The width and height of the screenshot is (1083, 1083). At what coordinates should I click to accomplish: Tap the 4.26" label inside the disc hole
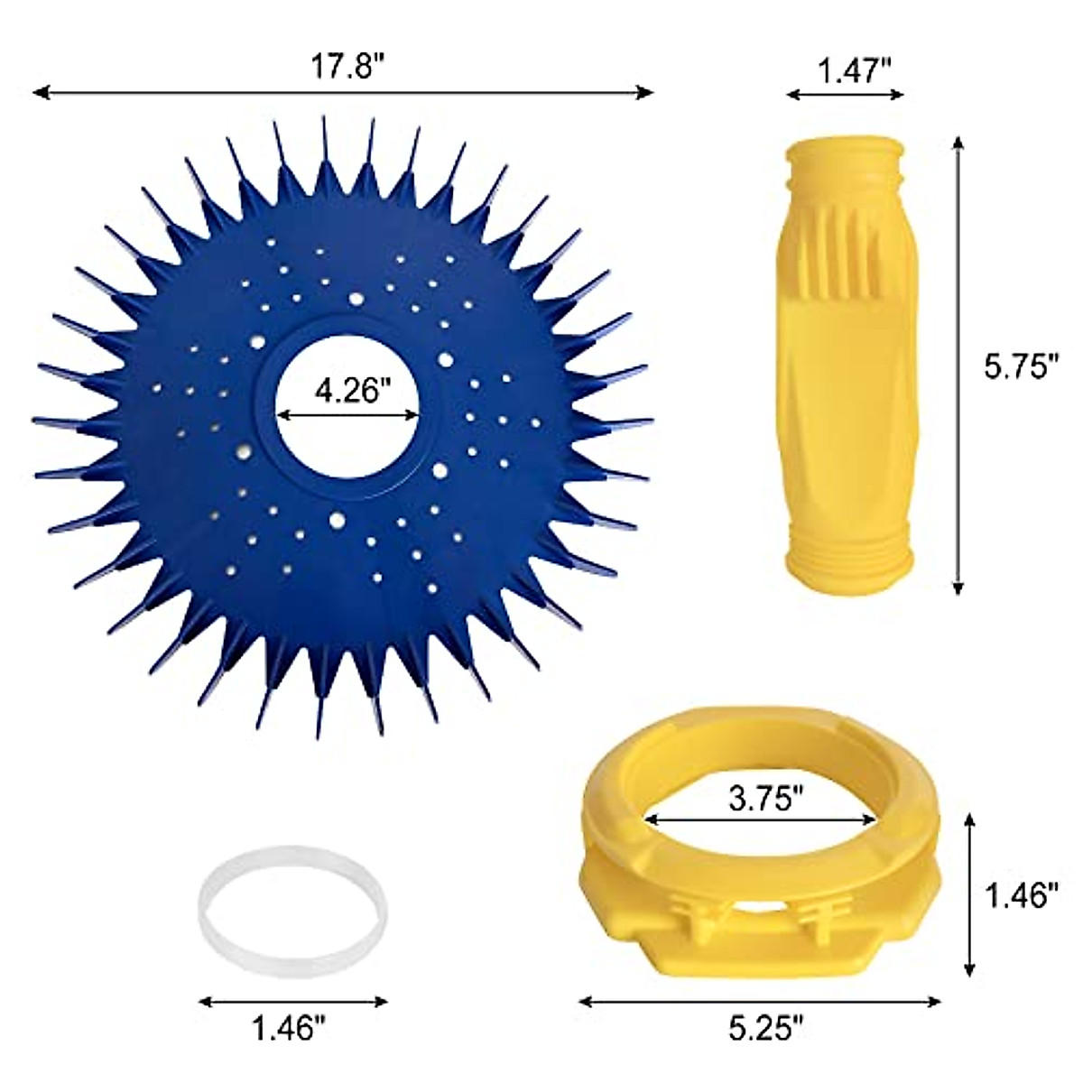348,393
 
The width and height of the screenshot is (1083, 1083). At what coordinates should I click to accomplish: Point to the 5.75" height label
1021,368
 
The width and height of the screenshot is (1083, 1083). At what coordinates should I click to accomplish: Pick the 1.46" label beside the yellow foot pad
1021,896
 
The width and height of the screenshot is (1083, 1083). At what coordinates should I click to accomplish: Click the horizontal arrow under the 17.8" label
342,92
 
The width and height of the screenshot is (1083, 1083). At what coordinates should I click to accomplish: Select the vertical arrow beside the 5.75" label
958,365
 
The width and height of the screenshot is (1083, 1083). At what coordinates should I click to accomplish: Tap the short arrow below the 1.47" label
845,93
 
